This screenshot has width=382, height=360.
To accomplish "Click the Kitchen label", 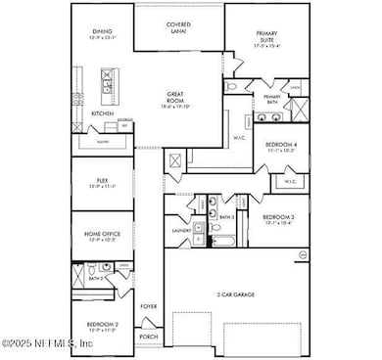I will click(103, 113).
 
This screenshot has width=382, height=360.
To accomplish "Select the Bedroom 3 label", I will click(277, 218).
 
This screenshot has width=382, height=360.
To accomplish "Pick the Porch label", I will click(149, 337).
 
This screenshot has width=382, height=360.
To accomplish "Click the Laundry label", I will click(180, 232).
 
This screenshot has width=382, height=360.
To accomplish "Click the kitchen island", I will click(107, 82).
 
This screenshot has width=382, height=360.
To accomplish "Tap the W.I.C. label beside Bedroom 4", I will click(291, 181).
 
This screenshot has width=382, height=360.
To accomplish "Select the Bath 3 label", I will click(225, 217).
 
